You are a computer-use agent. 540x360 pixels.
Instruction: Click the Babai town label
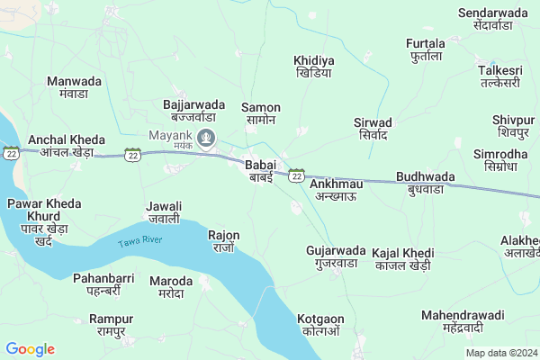[260, 171]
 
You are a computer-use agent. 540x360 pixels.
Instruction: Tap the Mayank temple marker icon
[207, 139]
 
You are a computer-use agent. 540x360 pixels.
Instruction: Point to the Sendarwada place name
[498, 19]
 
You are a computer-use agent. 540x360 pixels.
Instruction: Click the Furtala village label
[426, 50]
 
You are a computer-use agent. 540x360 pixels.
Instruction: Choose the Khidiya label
[313, 67]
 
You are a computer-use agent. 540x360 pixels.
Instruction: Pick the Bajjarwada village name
[193, 111]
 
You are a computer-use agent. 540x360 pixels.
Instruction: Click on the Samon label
[261, 113]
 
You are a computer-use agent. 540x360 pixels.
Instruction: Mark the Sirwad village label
[373, 129]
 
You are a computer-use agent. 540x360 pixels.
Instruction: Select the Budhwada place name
[425, 184]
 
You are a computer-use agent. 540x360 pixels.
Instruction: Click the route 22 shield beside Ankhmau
[296, 176]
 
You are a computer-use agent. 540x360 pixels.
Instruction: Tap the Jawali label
[164, 212]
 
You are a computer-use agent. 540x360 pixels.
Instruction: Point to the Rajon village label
[223, 241]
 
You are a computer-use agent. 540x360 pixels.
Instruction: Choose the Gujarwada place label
[336, 256]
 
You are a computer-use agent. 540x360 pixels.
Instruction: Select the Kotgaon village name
[320, 325]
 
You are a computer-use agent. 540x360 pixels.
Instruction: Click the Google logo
[30, 349]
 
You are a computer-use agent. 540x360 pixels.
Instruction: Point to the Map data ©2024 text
[499, 353]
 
